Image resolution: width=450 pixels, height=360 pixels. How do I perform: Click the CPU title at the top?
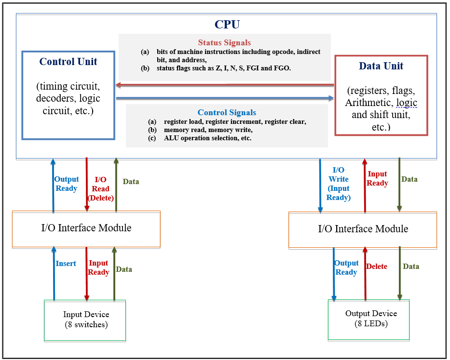[x=227, y=25]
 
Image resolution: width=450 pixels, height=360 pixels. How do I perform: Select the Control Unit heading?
[x=68, y=62]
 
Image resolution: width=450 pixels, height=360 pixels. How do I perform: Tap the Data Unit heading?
[x=381, y=66]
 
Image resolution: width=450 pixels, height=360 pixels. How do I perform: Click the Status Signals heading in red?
[x=224, y=43]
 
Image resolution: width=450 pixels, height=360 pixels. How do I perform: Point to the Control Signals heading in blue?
[x=227, y=113]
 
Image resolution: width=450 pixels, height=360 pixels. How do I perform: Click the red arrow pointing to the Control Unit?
[x=224, y=86]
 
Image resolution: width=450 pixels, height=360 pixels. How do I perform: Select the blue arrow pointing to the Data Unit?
[x=224, y=98]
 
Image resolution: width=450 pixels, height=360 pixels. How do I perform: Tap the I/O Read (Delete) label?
[x=101, y=189]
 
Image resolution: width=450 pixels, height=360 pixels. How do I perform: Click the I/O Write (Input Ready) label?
[x=339, y=184]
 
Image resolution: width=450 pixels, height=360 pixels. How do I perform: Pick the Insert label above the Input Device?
[x=66, y=264]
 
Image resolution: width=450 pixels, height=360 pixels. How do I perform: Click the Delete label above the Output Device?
[x=376, y=267]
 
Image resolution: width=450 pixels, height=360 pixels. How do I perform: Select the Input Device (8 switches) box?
[x=85, y=320]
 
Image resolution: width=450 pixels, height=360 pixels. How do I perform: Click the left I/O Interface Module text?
[x=86, y=228]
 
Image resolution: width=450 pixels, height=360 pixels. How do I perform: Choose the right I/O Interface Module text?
[x=363, y=229]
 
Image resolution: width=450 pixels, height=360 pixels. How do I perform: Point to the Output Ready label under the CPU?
[x=66, y=184]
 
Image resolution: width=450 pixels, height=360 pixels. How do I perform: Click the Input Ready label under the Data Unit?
[x=377, y=179]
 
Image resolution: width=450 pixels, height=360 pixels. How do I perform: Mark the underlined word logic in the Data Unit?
[x=407, y=103]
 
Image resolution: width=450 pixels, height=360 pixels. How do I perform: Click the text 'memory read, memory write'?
[x=208, y=130]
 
